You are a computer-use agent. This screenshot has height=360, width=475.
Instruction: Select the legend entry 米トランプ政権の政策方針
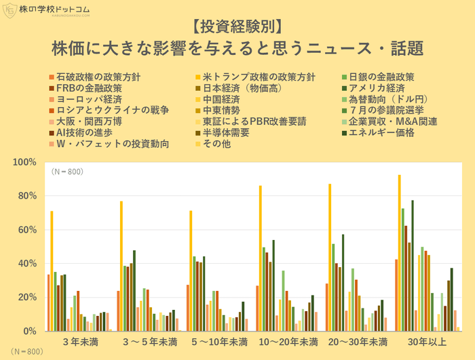pyautogui.click(x=254, y=77)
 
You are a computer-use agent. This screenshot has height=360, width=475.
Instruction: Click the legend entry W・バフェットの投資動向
pyautogui.click(x=112, y=144)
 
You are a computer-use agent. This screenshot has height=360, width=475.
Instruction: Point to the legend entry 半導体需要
pyautogui.click(x=231, y=132)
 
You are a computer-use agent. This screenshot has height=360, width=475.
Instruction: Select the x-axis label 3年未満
pyautogui.click(x=79, y=342)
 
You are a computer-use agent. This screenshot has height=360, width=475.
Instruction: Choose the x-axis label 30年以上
pyautogui.click(x=427, y=342)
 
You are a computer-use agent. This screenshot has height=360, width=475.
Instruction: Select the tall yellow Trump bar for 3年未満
pyautogui.click(x=52, y=271)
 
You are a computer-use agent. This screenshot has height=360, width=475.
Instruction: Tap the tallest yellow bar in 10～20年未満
pyautogui.click(x=260, y=258)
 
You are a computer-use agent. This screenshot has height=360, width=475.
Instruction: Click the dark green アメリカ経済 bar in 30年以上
pyautogui.click(x=412, y=265)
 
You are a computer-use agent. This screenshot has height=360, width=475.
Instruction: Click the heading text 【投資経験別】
pyautogui.click(x=237, y=28)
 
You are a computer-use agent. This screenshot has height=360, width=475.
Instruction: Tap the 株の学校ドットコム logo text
pyautogui.click(x=63, y=10)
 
